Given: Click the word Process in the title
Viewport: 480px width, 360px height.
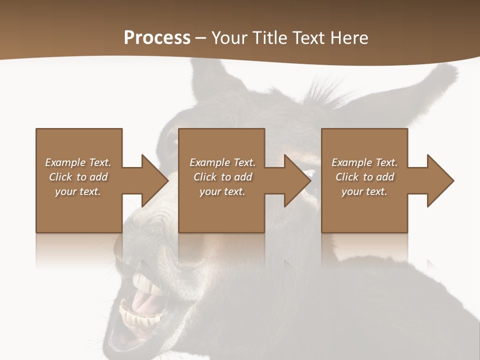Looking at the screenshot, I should tap(157, 38).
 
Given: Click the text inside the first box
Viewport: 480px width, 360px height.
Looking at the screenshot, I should tap(78, 177).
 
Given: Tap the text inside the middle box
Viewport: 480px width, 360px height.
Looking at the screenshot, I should tap(222, 177).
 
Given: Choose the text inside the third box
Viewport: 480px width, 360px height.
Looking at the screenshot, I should tap(364, 177).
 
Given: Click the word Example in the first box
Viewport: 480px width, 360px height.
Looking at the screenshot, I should tap(65, 162).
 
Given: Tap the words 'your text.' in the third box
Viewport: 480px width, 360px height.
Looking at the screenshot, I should tap(364, 191).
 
